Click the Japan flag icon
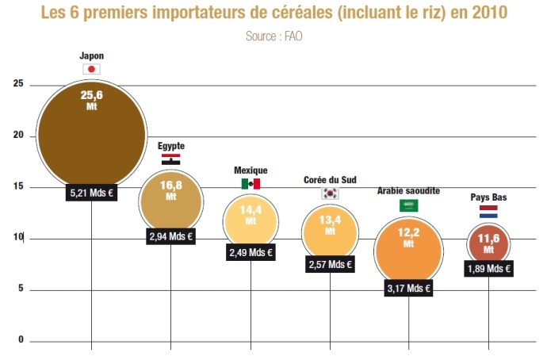pyautogui.click(x=92, y=69)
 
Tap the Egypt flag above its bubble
pyautogui.click(x=170, y=159)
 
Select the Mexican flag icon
pyautogui.click(x=251, y=183)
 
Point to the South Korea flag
pyautogui.click(x=329, y=193)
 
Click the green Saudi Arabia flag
pyautogui.click(x=409, y=205)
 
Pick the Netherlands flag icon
pyautogui.click(x=488, y=212)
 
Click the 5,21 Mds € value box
pyautogui.click(x=92, y=192)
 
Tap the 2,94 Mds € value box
pyautogui.click(x=171, y=236)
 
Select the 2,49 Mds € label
pyautogui.click(x=251, y=253)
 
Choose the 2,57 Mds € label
pyautogui.click(x=329, y=264)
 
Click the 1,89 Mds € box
pyautogui.click(x=488, y=268)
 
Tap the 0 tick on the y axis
pyautogui.click(x=21, y=341)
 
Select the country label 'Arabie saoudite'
pyautogui.click(x=408, y=191)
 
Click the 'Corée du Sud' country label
pyautogui.click(x=329, y=180)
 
